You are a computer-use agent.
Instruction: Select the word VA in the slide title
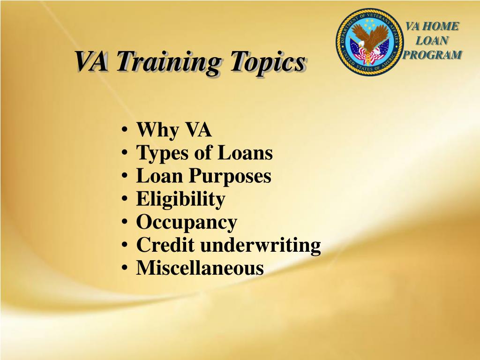[93, 61]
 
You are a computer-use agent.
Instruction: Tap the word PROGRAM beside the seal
[432, 54]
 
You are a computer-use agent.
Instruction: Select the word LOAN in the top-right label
[432, 40]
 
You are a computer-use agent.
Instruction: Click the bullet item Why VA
[174, 130]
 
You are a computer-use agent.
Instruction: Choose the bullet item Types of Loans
[204, 153]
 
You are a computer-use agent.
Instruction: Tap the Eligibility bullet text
[180, 199]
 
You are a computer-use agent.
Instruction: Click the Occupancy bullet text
[187, 222]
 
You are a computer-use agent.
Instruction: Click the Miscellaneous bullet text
[200, 268]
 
